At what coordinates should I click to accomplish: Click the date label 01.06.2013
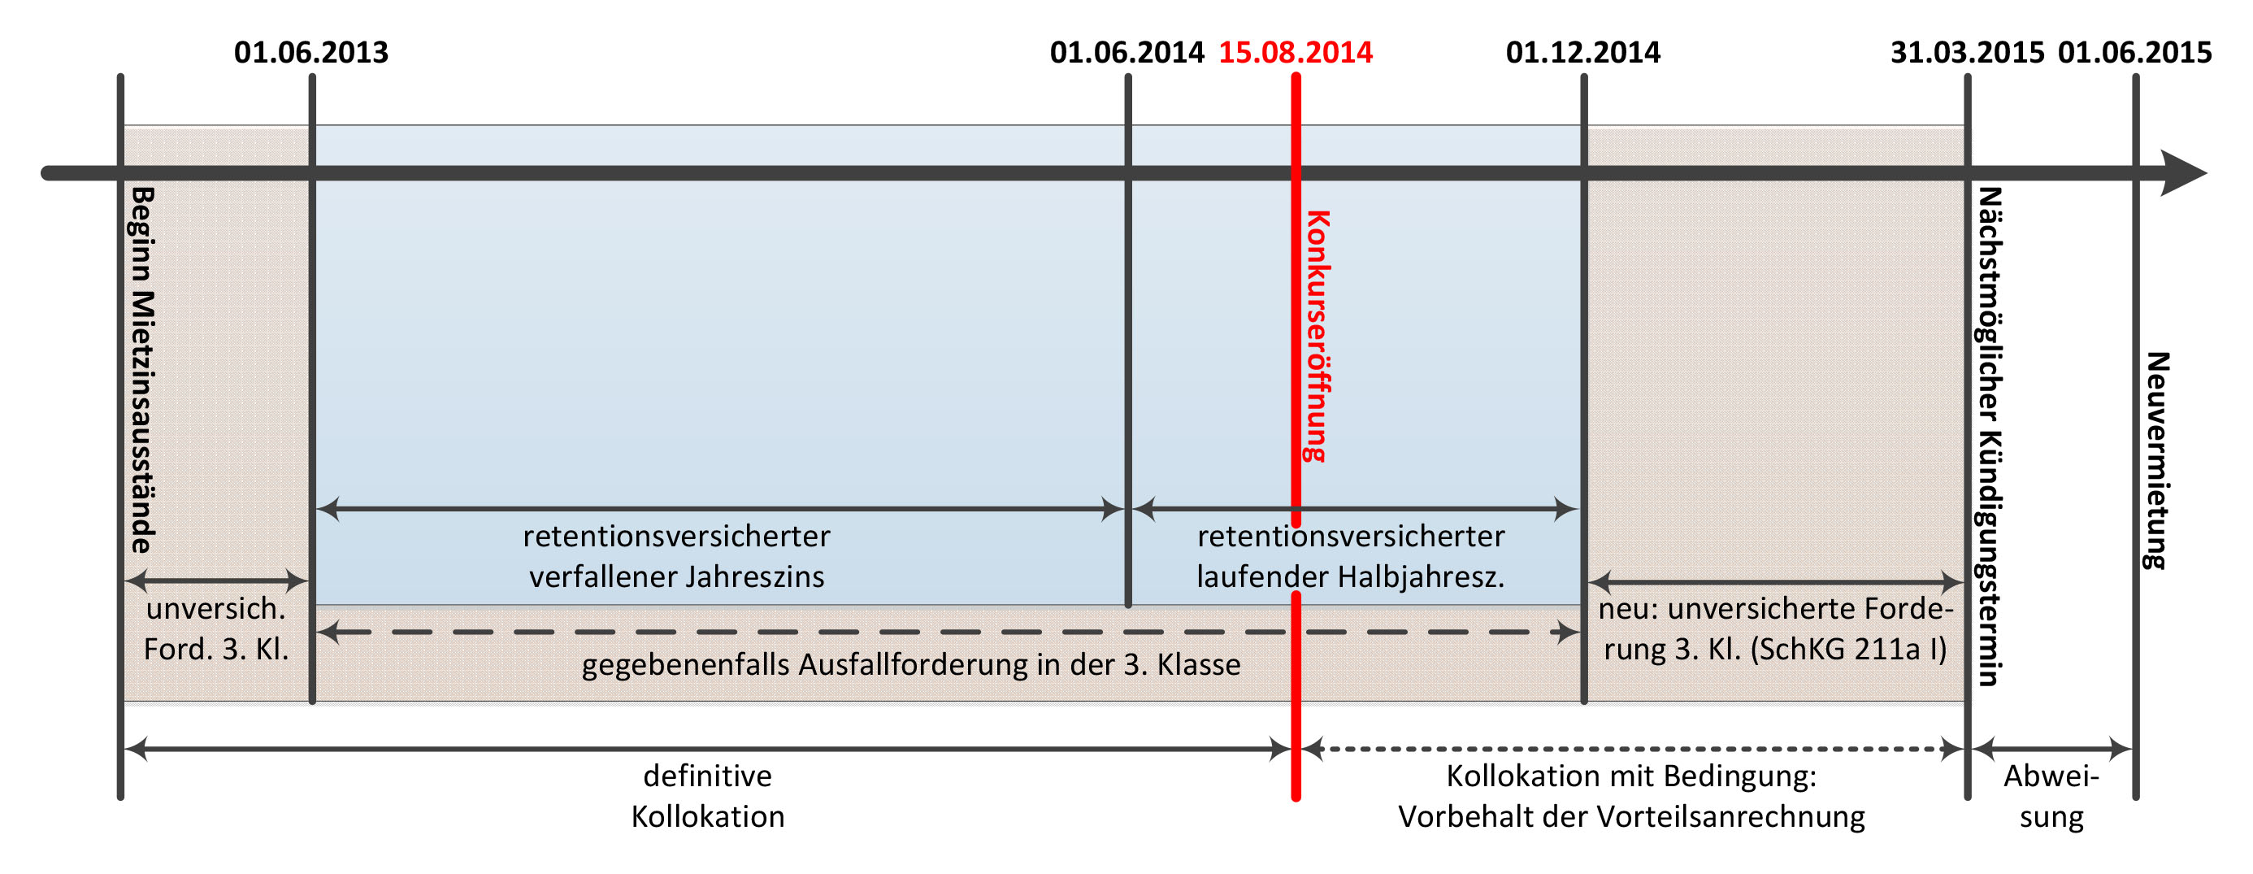(x=310, y=53)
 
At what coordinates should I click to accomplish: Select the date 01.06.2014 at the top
(x=1126, y=53)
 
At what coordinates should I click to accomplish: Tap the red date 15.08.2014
(x=1296, y=53)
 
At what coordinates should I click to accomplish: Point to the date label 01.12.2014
(x=1582, y=53)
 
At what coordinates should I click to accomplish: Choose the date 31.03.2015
(x=1967, y=53)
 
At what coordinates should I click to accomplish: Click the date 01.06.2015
(x=2134, y=53)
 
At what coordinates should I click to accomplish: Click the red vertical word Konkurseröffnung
(x=1318, y=336)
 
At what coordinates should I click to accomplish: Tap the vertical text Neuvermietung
(x=2157, y=461)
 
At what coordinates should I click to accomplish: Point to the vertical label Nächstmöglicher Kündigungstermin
(x=1990, y=437)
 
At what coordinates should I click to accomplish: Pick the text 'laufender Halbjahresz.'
(x=1350, y=577)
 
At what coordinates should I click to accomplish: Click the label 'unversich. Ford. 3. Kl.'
(x=216, y=629)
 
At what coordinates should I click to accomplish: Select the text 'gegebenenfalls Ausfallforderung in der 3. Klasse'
(x=910, y=665)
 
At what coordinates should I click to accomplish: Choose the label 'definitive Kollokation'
(x=708, y=796)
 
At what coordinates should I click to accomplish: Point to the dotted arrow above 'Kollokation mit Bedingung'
(x=1631, y=749)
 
